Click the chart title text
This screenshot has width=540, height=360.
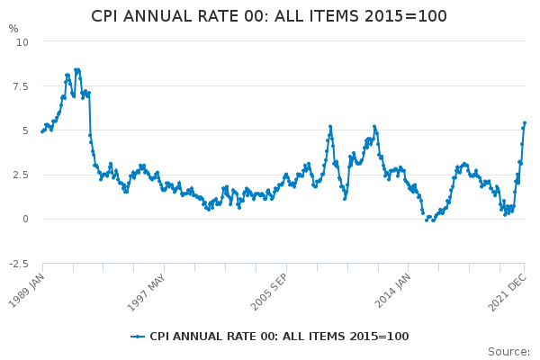pyautogui.click(x=269, y=16)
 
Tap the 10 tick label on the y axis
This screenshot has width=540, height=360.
pyautogui.click(x=22, y=42)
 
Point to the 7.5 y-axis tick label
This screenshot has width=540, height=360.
pyautogui.click(x=20, y=86)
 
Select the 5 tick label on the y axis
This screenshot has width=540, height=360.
pyautogui.click(x=25, y=130)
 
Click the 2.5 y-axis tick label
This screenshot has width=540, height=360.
pyautogui.click(x=20, y=175)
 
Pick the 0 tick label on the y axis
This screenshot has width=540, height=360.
pyautogui.click(x=25, y=219)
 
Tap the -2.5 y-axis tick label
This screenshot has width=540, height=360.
pyautogui.click(x=18, y=263)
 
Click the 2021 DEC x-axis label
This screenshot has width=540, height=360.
pyautogui.click(x=508, y=287)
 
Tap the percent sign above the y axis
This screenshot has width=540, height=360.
pyautogui.click(x=13, y=29)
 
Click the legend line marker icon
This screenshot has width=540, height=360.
pyautogui.click(x=138, y=337)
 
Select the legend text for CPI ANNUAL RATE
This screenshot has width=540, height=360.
pyautogui.click(x=279, y=337)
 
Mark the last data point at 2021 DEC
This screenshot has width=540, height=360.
pyautogui.click(x=525, y=123)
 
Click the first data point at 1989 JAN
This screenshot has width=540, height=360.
pyautogui.click(x=42, y=131)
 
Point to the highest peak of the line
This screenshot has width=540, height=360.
pyautogui.click(x=77, y=69)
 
